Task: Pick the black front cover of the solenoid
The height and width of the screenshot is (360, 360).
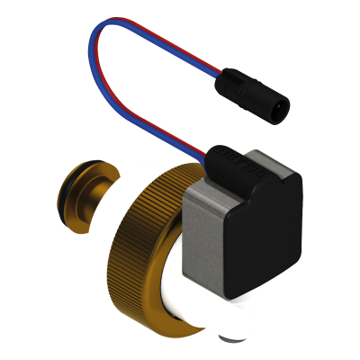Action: pyautogui.click(x=261, y=234)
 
